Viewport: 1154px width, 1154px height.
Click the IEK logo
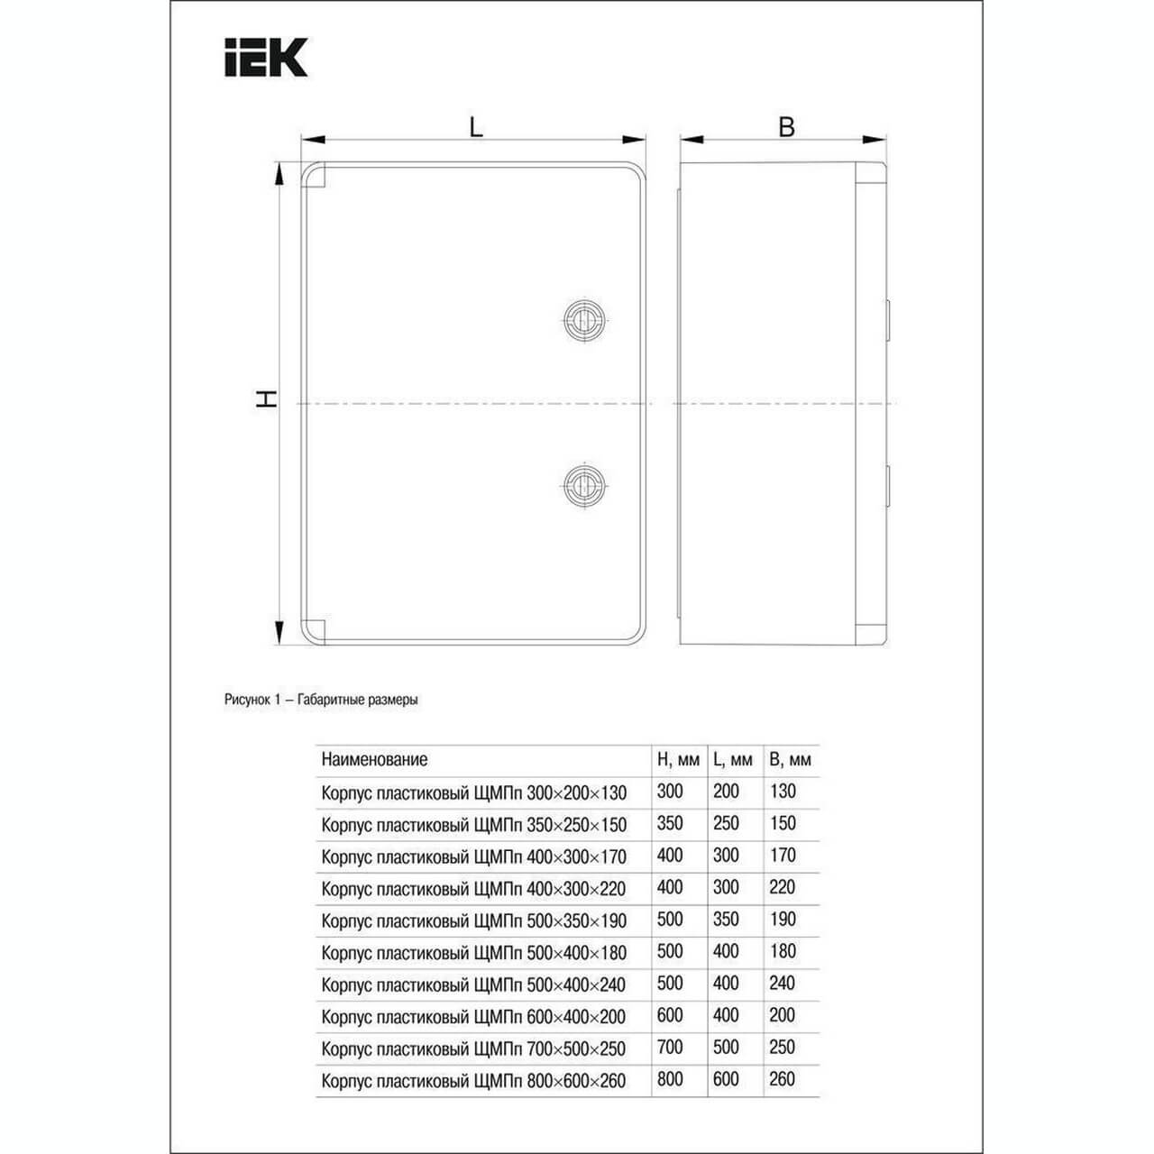point(266,58)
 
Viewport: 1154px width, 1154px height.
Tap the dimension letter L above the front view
point(475,127)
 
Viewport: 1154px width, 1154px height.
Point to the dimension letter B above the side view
point(786,127)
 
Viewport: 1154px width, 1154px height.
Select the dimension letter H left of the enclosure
point(267,398)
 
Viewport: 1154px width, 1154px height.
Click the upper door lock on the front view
point(584,321)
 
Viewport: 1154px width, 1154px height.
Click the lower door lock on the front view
point(584,484)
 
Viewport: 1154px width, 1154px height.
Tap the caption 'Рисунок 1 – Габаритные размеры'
point(321,700)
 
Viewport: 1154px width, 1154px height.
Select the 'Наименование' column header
point(374,760)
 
